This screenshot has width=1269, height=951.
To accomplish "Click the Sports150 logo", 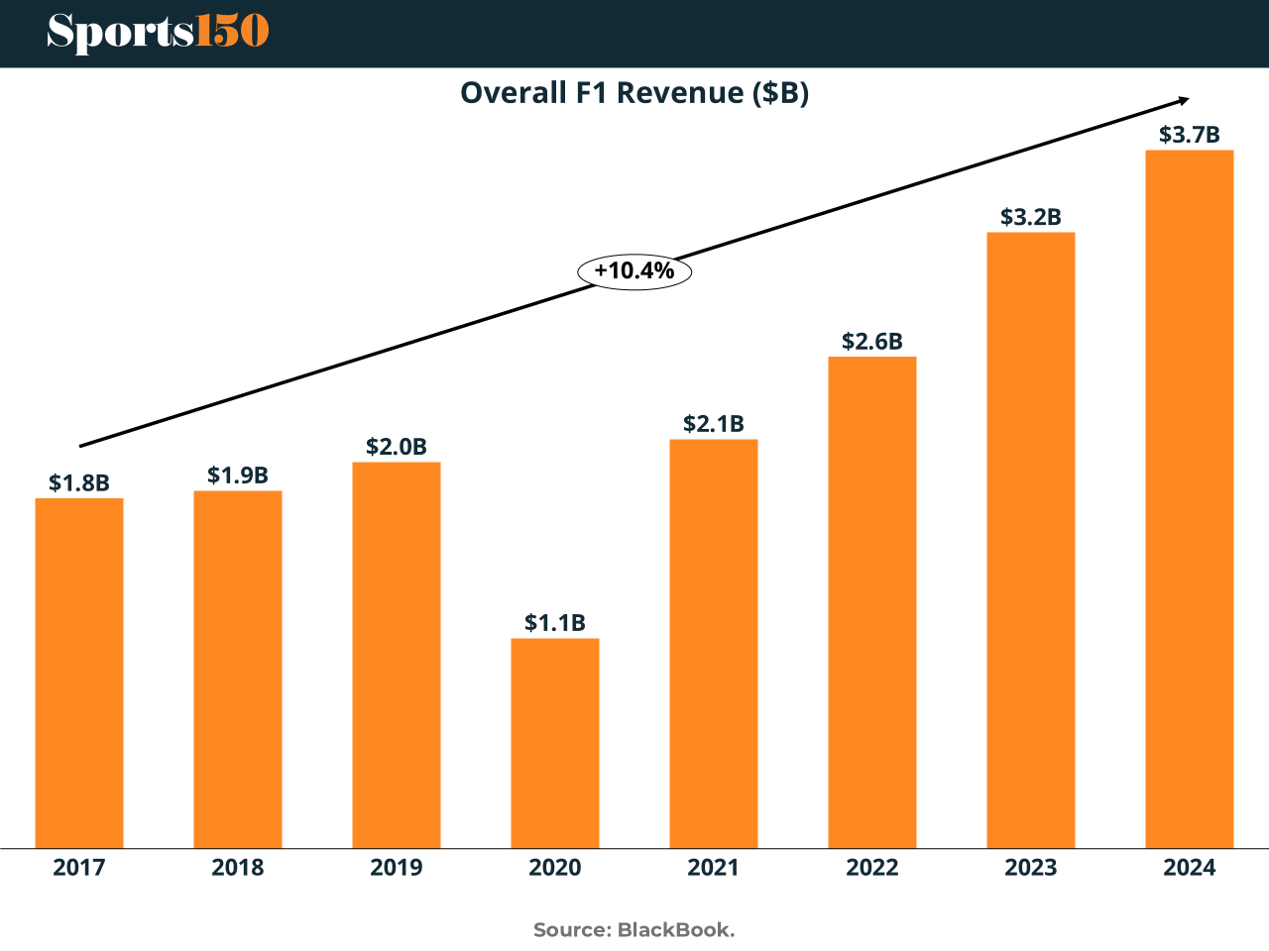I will (158, 32).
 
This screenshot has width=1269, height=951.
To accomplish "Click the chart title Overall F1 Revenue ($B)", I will (634, 92).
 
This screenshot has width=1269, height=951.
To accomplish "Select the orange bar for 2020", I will (555, 743).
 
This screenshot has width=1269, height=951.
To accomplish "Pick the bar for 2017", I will (79, 673).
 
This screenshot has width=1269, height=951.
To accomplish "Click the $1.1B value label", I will (555, 622).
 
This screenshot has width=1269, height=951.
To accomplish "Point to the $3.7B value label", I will (1190, 135).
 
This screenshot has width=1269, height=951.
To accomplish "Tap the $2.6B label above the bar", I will (872, 341).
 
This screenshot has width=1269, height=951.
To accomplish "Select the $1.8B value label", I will (79, 482).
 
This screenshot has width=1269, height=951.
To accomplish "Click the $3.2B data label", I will (1031, 217).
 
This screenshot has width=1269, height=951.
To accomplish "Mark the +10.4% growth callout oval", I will (634, 270).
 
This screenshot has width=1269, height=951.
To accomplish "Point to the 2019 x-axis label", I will (397, 868).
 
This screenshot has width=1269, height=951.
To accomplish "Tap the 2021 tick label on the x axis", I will (714, 868).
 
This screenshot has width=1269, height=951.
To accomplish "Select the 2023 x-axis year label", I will (1031, 868).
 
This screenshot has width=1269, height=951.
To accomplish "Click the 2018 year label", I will (238, 868).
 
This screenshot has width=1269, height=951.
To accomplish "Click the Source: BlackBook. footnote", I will (634, 930).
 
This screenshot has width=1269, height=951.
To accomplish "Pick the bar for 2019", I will (397, 655).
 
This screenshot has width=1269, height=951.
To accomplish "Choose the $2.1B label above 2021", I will (714, 424).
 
